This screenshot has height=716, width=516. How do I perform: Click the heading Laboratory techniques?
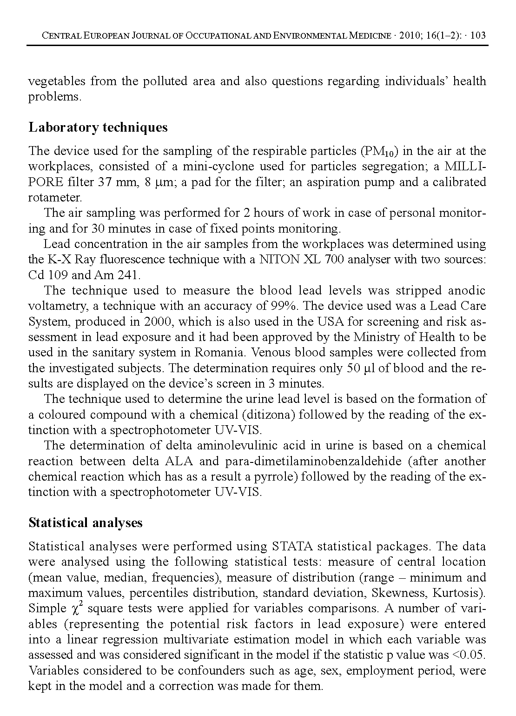(x=98, y=127)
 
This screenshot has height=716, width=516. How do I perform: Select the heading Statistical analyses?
(x=86, y=523)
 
